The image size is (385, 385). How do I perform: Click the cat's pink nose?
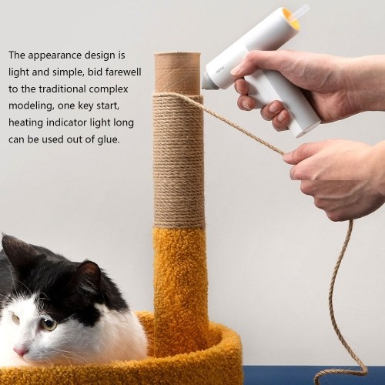[x=21, y=350]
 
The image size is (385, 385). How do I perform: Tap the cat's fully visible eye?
[x=49, y=324]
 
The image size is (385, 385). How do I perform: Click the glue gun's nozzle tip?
[x=205, y=84]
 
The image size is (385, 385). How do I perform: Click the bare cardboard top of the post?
[x=177, y=73]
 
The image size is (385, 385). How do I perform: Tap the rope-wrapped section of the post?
[x=179, y=160]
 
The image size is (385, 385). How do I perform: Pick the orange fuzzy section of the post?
[x=179, y=290]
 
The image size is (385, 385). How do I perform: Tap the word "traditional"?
[x=62, y=89]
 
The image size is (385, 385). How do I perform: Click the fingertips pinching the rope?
[x=289, y=156]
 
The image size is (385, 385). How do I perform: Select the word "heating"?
[x=25, y=123]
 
